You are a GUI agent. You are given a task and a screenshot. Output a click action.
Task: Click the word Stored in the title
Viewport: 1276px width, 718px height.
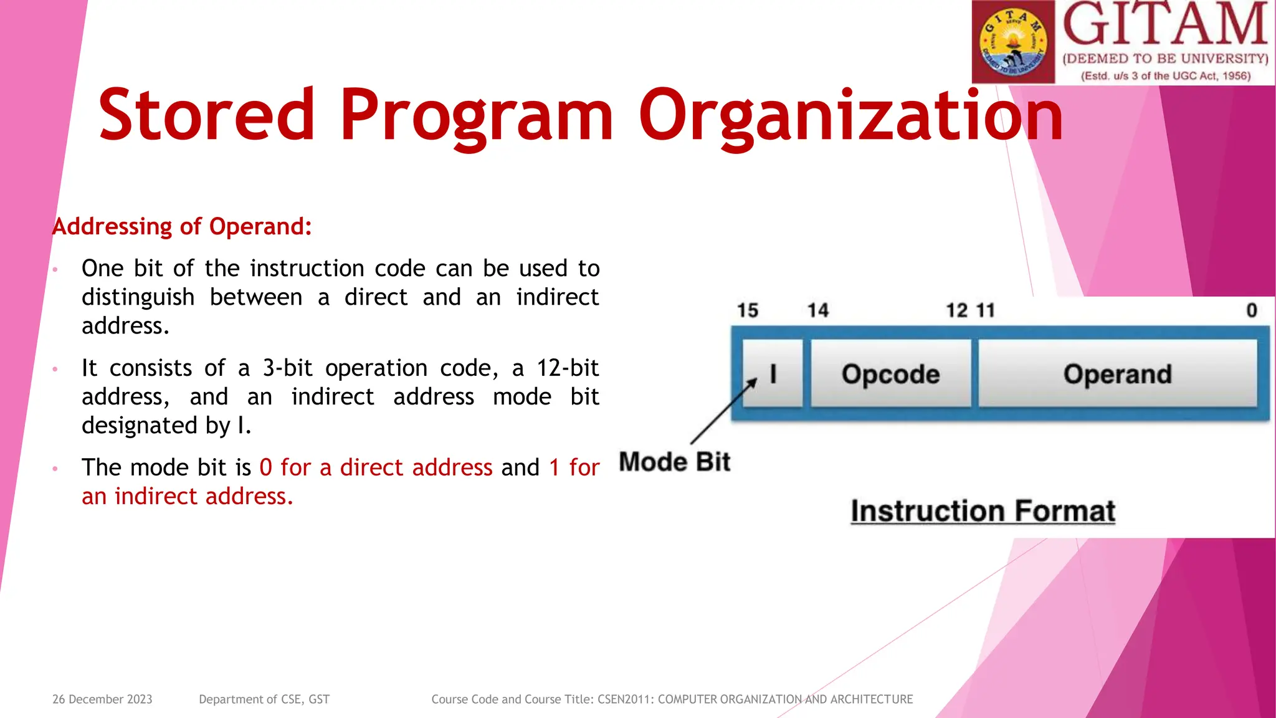pyautogui.click(x=206, y=115)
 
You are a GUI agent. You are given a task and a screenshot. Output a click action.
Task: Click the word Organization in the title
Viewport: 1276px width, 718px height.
pyautogui.click(x=850, y=116)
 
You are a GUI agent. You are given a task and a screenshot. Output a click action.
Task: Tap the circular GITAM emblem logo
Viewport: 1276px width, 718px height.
pyautogui.click(x=1013, y=42)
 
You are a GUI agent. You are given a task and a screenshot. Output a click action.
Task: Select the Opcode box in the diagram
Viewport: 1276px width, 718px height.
pyautogui.click(x=890, y=374)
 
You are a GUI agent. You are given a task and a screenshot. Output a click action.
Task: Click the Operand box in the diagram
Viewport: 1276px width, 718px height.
pyautogui.click(x=1117, y=374)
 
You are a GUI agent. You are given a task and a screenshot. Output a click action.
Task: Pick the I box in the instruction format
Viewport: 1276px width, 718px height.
pyautogui.click(x=773, y=374)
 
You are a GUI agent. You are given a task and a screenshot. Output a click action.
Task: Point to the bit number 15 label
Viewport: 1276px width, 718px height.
pyautogui.click(x=747, y=310)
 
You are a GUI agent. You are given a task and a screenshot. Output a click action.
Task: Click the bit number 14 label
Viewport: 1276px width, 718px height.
pyautogui.click(x=817, y=310)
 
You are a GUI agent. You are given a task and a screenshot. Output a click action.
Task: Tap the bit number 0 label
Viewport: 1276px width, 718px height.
pyautogui.click(x=1251, y=310)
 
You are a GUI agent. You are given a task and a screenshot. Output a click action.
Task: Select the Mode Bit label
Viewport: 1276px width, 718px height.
pyautogui.click(x=674, y=462)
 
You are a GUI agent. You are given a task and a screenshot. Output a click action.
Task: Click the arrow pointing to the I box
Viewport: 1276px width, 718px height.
pyautogui.click(x=723, y=411)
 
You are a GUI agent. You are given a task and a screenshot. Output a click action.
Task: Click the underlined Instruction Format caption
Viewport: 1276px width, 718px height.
pyautogui.click(x=983, y=511)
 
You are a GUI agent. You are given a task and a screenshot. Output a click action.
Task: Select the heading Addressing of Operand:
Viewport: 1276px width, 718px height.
pyautogui.click(x=182, y=226)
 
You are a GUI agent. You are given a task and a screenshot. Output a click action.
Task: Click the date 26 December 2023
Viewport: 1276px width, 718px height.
pyautogui.click(x=102, y=699)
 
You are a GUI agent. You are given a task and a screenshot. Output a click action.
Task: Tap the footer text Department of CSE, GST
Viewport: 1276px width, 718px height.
pyautogui.click(x=264, y=699)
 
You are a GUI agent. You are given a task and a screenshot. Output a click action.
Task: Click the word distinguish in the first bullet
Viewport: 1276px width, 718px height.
pyautogui.click(x=138, y=297)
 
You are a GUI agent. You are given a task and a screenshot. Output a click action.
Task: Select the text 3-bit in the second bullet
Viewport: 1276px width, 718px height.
pyautogui.click(x=287, y=368)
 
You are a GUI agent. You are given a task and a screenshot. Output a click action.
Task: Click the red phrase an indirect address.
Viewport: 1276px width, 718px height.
pyautogui.click(x=187, y=497)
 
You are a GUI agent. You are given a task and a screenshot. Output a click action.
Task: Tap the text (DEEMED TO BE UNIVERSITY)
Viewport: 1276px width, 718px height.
pyautogui.click(x=1165, y=59)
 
